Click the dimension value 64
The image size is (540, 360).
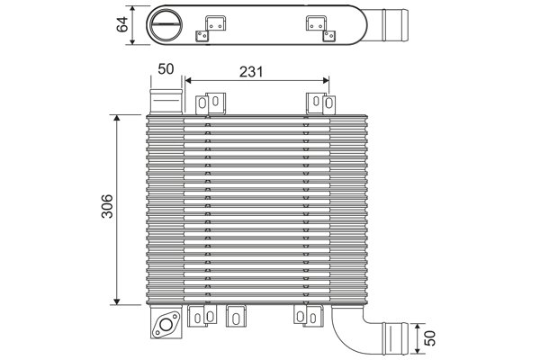[121, 24]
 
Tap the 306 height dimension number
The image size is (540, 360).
[106, 210]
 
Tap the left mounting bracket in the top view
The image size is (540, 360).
[212, 27]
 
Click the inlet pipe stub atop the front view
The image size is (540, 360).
[166, 99]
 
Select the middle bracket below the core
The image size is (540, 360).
[238, 317]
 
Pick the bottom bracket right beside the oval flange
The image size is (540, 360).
[202, 315]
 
